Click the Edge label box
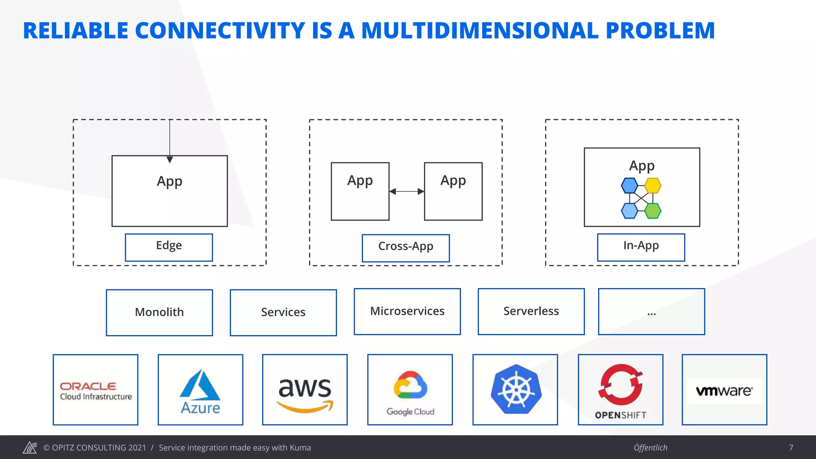point(169,247)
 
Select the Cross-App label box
point(406,248)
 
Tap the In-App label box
point(641,247)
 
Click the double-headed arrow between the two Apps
point(406,191)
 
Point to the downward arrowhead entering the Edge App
point(170,159)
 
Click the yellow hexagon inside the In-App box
point(653,186)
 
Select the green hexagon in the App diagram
point(653,211)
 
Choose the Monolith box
point(159,312)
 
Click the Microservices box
point(407,312)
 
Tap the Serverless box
point(531,312)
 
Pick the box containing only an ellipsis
point(651,312)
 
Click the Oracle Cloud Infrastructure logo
point(96,390)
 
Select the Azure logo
point(200,391)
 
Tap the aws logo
point(305,392)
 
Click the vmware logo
point(724,391)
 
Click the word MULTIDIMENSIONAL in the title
point(480,31)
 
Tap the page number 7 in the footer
point(791,447)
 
